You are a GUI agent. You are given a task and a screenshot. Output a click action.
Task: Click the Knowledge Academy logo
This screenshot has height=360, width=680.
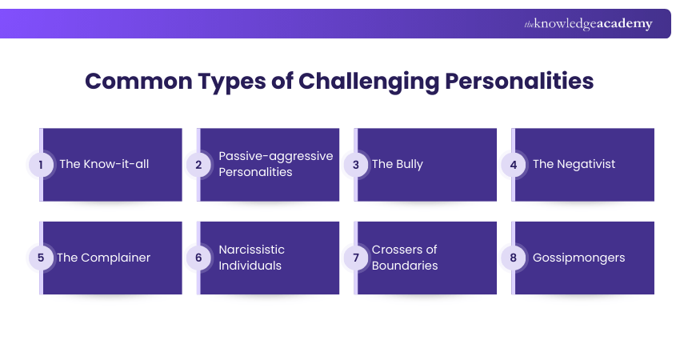click(588, 24)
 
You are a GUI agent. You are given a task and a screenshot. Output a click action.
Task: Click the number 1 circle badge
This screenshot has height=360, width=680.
click(40, 164)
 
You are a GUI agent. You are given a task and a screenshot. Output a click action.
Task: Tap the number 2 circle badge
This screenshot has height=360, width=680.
click(198, 164)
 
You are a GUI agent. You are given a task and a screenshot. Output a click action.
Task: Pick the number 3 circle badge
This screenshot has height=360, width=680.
click(354, 164)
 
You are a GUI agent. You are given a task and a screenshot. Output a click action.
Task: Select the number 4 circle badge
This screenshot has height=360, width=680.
click(512, 164)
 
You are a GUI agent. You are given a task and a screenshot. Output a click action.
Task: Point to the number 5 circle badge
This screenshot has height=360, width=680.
click(40, 258)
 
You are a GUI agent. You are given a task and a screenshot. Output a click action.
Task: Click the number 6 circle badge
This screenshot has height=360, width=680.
click(198, 258)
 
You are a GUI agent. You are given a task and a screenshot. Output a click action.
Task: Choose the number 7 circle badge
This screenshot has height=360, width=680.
click(354, 258)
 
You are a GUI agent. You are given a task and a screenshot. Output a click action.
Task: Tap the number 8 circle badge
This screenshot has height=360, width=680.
click(512, 258)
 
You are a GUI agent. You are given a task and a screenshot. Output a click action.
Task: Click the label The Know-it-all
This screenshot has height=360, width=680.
click(104, 164)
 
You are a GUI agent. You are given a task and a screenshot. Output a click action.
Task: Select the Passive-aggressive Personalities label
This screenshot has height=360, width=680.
click(275, 164)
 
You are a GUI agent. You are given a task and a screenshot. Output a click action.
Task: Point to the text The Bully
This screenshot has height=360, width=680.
click(398, 164)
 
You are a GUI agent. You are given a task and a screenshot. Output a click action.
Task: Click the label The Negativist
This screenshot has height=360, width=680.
click(574, 164)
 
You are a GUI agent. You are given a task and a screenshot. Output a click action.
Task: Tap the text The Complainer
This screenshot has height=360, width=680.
click(105, 258)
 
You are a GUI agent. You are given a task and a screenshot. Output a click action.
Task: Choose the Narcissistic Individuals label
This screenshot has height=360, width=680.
click(251, 258)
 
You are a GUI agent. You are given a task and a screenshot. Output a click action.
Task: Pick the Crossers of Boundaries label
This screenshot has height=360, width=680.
click(405, 258)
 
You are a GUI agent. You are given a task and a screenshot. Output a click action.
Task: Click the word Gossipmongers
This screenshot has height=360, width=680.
click(578, 258)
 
